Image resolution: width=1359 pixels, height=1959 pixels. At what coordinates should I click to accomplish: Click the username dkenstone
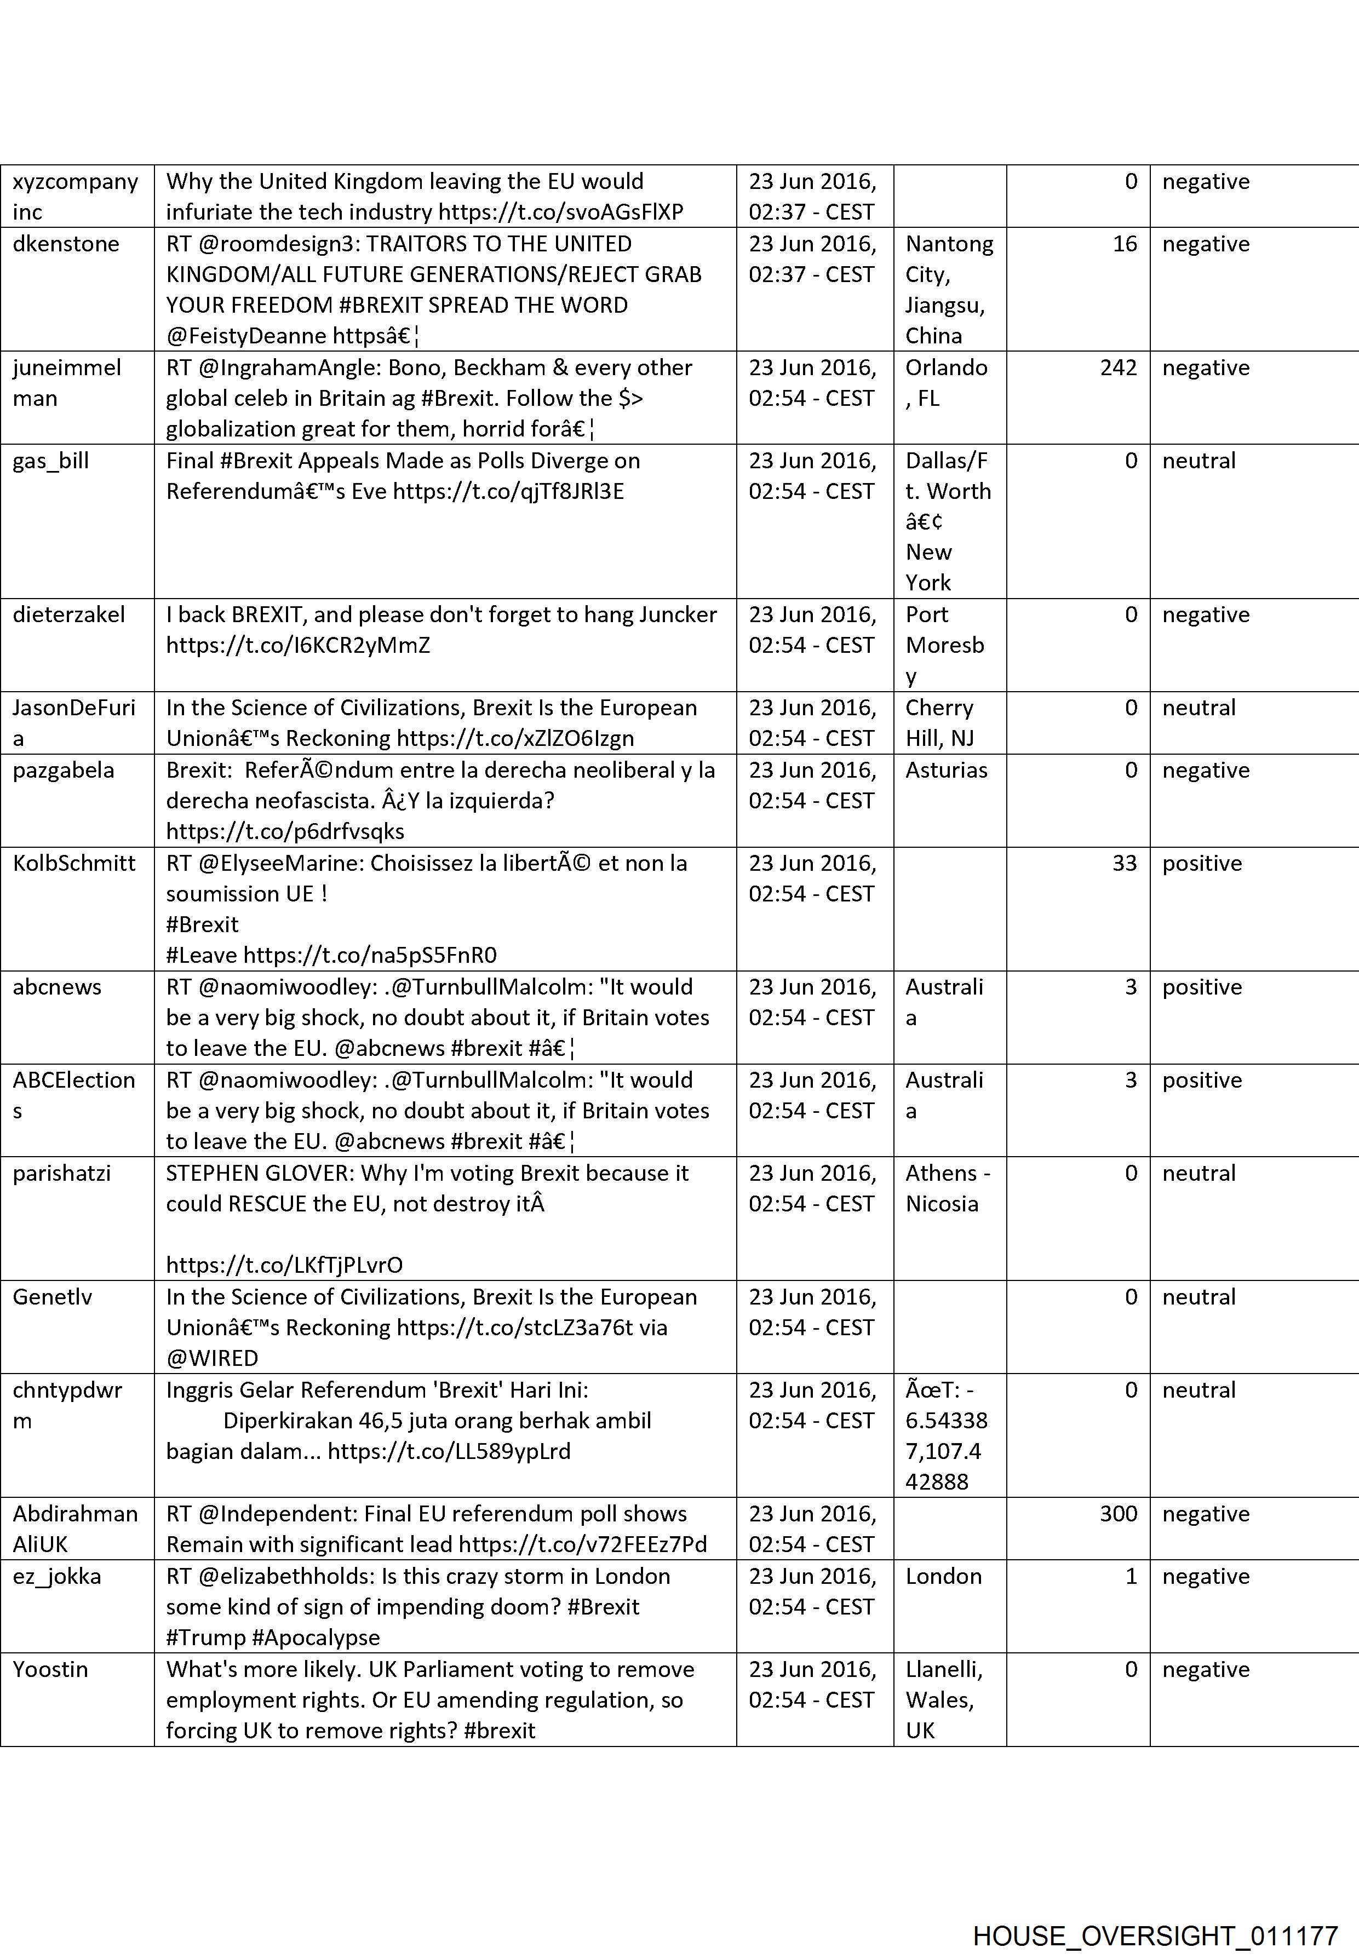tap(66, 244)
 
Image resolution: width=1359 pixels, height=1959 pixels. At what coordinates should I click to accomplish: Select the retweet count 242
tap(1118, 368)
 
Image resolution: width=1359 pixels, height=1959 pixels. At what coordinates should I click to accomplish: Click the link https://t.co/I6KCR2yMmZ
tap(298, 645)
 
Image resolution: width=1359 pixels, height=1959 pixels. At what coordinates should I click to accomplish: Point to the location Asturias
tap(946, 771)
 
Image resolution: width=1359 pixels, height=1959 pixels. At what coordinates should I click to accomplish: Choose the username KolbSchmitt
tap(74, 863)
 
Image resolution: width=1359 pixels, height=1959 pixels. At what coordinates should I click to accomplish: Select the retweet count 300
tap(1118, 1514)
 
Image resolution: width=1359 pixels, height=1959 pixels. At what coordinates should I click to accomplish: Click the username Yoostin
tap(50, 1669)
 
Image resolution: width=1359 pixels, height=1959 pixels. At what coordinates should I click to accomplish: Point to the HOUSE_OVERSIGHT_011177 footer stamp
tap(1155, 1912)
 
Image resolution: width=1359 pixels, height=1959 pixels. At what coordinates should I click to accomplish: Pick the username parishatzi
tap(61, 1173)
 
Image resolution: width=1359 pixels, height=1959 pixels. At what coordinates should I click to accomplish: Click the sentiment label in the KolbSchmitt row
tap(1201, 863)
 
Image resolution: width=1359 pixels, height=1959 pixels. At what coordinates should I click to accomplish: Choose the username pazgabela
tap(63, 771)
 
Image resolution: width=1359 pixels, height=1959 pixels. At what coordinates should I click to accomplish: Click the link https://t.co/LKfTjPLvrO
tap(284, 1265)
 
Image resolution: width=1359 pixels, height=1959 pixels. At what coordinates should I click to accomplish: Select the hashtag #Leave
tap(202, 955)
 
